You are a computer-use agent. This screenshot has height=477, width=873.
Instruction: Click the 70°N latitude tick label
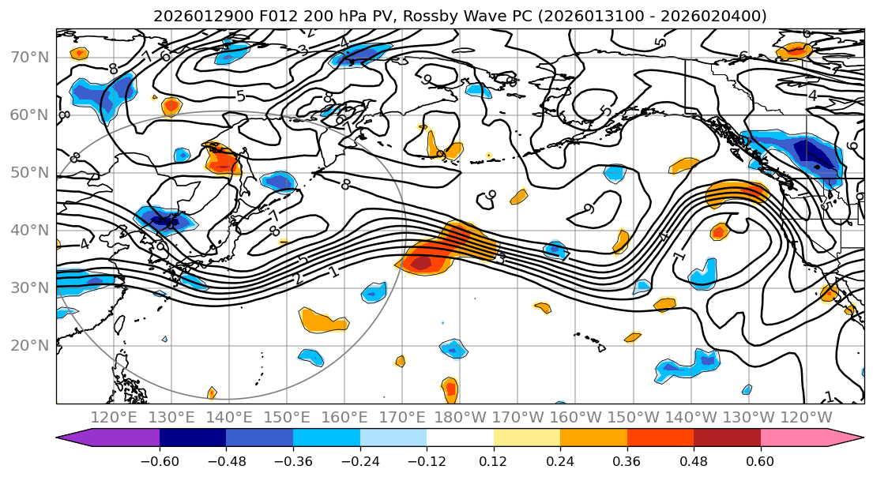[x=28, y=58]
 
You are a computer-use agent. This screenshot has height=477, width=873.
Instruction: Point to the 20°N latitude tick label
[x=28, y=345]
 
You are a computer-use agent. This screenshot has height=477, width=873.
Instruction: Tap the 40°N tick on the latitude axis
[x=28, y=230]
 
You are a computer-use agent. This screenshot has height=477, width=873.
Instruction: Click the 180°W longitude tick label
[x=459, y=417]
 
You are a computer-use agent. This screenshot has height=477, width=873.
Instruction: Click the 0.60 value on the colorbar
[x=761, y=460]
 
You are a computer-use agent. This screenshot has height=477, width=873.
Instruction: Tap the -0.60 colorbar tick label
[x=160, y=460]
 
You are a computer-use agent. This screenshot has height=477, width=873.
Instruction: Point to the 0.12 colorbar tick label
[x=494, y=460]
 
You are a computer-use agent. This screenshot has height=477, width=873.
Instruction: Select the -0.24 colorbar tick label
[x=360, y=460]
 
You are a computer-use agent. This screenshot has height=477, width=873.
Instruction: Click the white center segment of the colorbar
[x=460, y=438]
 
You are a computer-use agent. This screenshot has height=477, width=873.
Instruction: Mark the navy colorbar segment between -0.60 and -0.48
[x=193, y=438]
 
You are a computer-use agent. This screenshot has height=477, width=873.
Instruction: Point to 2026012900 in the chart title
[x=201, y=16]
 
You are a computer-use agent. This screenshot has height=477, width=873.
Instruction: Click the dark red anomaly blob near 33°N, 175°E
[x=420, y=262]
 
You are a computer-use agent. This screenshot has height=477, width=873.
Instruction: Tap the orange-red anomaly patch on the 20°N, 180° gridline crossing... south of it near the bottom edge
[x=450, y=388]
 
